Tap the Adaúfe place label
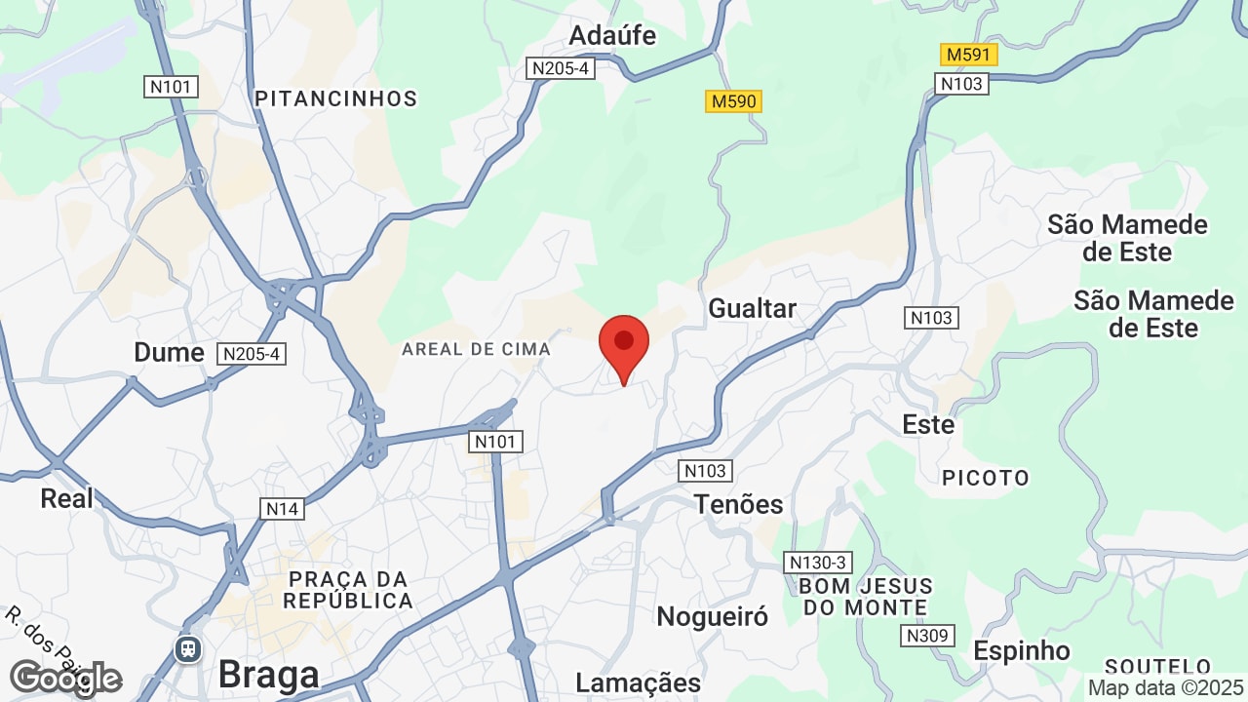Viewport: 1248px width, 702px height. (x=612, y=36)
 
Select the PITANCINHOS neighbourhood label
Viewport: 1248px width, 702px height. (x=335, y=98)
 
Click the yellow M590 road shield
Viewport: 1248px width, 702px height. (x=733, y=101)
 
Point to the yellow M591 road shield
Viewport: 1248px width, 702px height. (x=969, y=55)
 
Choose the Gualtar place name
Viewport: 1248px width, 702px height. (x=752, y=309)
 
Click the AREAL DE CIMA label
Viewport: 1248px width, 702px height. (x=476, y=349)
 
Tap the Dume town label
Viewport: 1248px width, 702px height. (x=169, y=352)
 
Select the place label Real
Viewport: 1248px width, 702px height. (x=66, y=498)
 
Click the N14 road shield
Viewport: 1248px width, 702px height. (x=282, y=508)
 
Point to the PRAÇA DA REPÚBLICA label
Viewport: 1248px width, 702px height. (x=348, y=589)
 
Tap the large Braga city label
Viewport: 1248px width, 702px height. (x=268, y=675)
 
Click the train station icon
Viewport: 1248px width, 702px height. (x=187, y=647)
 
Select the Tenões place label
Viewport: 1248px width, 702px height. (x=738, y=504)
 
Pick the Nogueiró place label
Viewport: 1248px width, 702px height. (x=712, y=616)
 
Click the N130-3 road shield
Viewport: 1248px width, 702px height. (x=818, y=563)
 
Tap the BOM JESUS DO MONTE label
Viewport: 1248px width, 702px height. (x=865, y=597)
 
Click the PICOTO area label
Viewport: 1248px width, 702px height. (x=986, y=478)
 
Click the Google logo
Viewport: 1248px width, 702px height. (x=64, y=678)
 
